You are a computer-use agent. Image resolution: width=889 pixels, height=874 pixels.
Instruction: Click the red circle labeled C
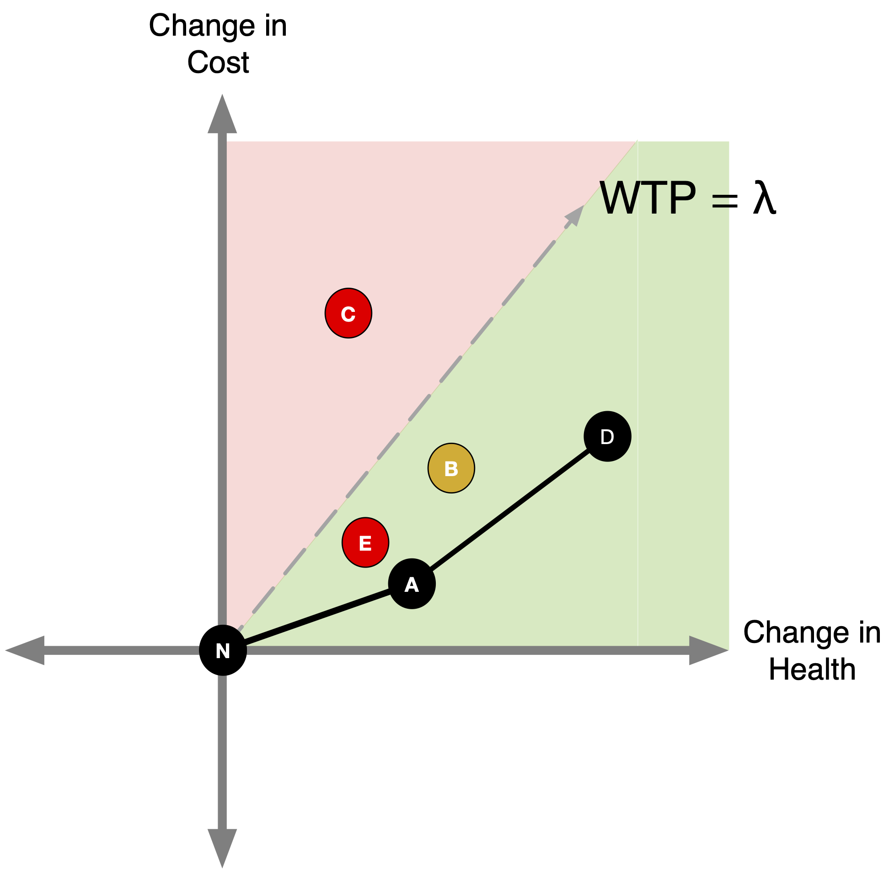coord(348,314)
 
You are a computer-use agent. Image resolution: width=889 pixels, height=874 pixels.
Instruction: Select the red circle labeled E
coord(365,543)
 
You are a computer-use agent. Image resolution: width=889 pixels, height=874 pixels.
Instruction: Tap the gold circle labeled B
coord(451,468)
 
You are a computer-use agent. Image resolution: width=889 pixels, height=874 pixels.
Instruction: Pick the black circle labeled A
coord(412,584)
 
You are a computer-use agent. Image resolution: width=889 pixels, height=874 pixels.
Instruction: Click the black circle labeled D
coord(607,436)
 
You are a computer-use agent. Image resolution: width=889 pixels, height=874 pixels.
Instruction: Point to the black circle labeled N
coord(223,650)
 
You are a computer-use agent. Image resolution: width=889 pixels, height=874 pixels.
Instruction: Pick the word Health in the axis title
coord(812,670)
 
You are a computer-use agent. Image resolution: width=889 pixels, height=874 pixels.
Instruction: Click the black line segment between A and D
coord(509,510)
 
